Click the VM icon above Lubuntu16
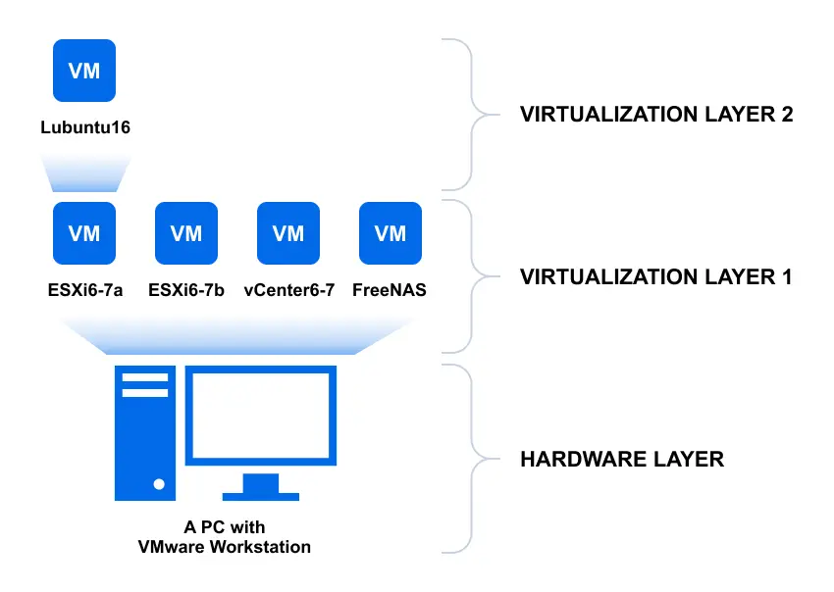pyautogui.click(x=83, y=71)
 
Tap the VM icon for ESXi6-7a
pyautogui.click(x=83, y=233)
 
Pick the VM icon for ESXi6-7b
pyautogui.click(x=186, y=233)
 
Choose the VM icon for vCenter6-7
pyautogui.click(x=288, y=233)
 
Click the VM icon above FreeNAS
pyautogui.click(x=391, y=233)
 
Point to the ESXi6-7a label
pyautogui.click(x=84, y=290)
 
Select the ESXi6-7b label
pyautogui.click(x=186, y=290)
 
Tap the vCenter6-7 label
pyautogui.click(x=288, y=290)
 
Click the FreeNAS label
pyautogui.click(x=391, y=290)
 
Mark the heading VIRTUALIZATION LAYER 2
pyautogui.click(x=655, y=114)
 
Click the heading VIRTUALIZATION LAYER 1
pyautogui.click(x=655, y=277)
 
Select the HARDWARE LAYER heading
pyautogui.click(x=621, y=459)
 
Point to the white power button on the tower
pyautogui.click(x=158, y=483)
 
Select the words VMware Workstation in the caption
pyautogui.click(x=225, y=547)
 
